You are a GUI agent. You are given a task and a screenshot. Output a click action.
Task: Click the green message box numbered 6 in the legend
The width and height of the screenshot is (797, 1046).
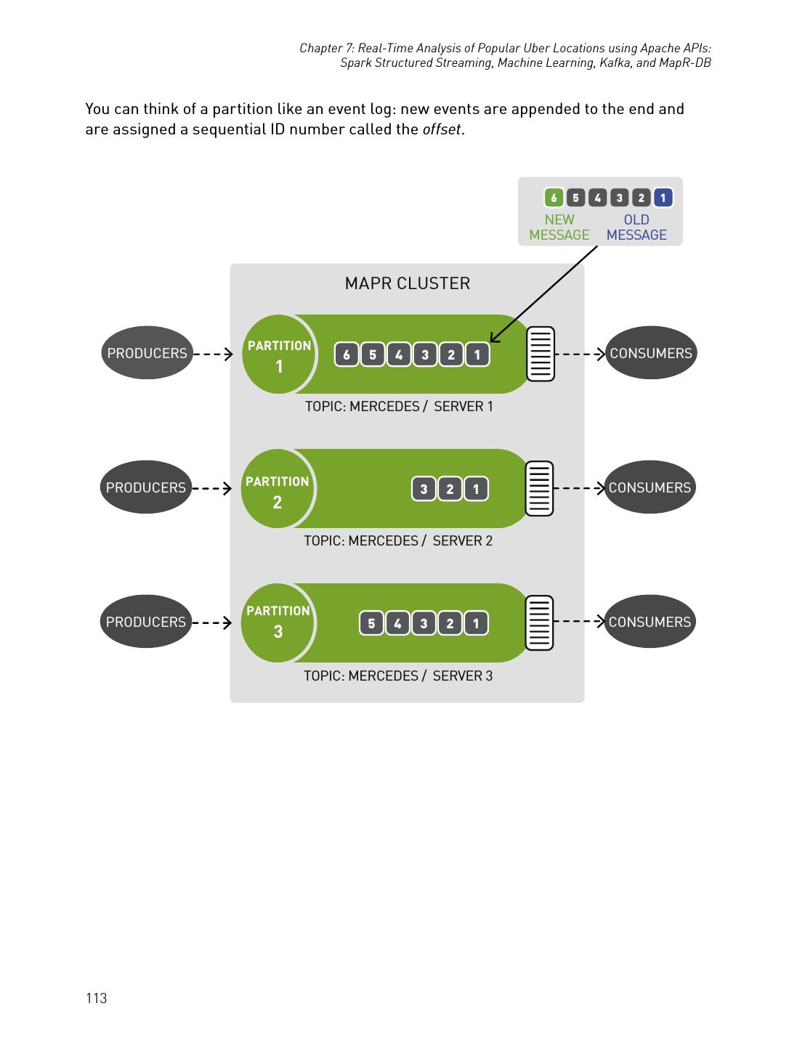click(554, 198)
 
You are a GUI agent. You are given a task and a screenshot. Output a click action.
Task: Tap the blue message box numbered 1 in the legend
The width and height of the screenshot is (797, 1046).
click(663, 198)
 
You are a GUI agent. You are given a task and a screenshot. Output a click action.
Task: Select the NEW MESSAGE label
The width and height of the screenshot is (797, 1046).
click(559, 227)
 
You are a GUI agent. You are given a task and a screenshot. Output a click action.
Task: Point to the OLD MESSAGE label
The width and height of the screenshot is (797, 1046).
click(636, 227)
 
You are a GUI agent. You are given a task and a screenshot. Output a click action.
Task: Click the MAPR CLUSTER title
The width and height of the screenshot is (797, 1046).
click(407, 283)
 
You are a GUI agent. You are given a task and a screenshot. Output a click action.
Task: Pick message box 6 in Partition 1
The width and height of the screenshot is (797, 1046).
click(347, 355)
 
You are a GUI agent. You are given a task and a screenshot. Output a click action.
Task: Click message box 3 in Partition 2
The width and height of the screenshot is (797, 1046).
click(424, 489)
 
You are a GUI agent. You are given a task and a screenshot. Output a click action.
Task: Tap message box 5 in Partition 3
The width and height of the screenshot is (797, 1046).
click(371, 624)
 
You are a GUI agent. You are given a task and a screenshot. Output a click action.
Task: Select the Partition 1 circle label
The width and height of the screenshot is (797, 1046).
click(279, 354)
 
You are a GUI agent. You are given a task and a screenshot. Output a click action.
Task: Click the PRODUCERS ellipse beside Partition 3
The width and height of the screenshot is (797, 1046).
click(146, 622)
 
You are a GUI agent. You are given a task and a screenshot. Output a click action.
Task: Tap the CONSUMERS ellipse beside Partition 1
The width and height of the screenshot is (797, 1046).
click(651, 353)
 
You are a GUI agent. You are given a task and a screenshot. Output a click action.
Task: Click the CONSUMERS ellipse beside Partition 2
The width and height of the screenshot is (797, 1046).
click(650, 487)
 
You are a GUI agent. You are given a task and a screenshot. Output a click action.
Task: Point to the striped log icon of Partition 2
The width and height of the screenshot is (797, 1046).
click(540, 488)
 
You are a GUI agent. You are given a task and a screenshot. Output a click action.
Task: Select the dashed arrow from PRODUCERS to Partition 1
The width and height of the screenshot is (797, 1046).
click(213, 354)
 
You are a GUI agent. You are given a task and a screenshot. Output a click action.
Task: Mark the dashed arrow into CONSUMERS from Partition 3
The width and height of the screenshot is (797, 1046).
click(579, 622)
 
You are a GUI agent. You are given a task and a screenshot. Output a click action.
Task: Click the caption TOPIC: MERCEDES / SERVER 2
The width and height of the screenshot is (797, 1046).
click(397, 541)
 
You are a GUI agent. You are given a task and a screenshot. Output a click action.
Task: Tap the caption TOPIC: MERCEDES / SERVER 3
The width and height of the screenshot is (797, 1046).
click(397, 676)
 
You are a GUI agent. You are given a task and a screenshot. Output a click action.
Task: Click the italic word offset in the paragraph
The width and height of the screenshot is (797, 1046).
click(441, 130)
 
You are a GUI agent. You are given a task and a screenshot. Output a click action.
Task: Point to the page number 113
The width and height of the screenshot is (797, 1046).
click(96, 999)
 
